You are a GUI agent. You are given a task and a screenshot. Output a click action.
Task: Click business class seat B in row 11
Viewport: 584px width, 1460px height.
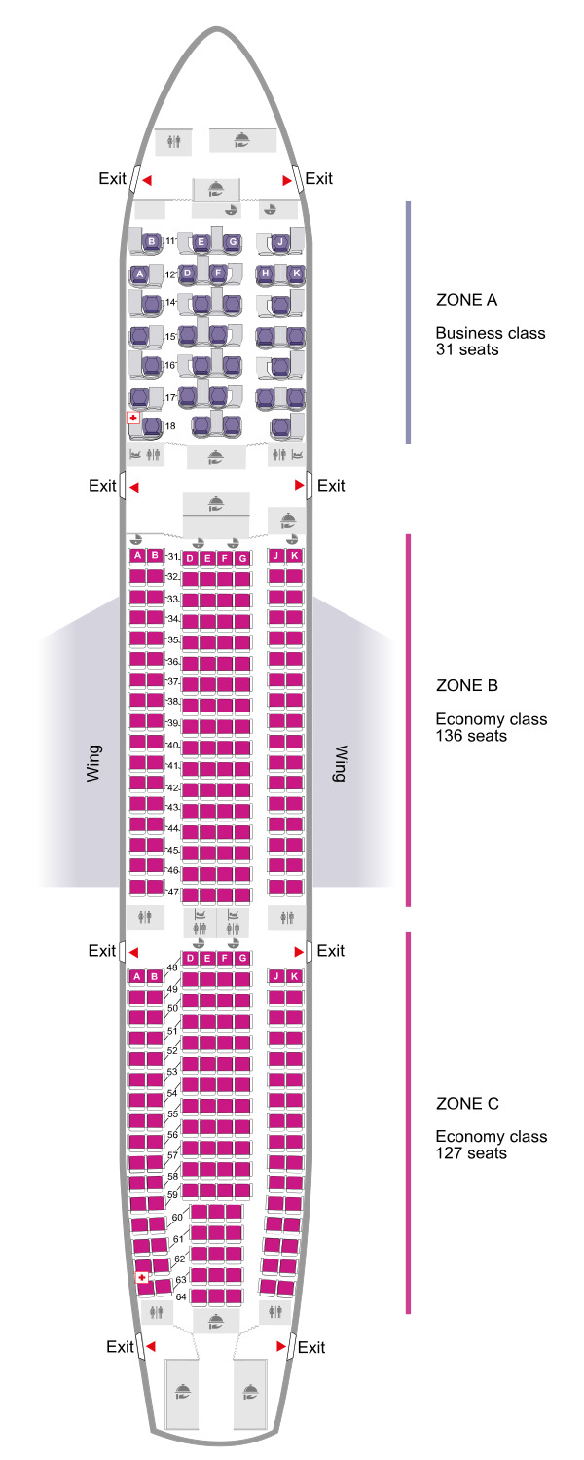[152, 241]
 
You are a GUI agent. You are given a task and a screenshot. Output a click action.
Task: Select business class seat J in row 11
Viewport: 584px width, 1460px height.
[279, 241]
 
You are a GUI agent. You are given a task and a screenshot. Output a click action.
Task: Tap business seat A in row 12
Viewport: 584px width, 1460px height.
[140, 274]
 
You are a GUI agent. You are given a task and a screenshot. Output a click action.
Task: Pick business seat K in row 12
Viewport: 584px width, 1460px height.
[296, 274]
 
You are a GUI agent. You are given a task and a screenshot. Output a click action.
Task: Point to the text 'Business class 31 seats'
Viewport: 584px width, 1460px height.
[490, 341]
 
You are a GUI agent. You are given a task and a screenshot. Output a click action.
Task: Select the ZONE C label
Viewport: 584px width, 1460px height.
[468, 1104]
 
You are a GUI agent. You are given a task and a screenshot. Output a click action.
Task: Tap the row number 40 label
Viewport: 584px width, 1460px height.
[173, 746]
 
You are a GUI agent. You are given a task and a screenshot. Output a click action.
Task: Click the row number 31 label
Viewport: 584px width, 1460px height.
[173, 557]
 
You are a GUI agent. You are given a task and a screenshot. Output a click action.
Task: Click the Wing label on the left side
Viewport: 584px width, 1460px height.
[93, 764]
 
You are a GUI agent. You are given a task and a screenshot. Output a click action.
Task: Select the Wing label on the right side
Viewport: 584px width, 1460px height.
[340, 764]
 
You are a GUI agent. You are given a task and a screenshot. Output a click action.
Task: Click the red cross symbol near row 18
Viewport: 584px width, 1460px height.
[132, 418]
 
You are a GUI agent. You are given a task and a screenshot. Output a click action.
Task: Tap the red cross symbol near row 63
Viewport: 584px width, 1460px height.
[142, 1277]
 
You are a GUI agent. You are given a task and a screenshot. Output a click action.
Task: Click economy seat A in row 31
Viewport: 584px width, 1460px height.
[138, 555]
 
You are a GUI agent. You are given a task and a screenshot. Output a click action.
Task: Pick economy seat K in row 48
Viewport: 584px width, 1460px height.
[295, 976]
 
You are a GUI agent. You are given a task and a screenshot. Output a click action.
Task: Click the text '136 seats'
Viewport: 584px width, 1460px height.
[471, 737]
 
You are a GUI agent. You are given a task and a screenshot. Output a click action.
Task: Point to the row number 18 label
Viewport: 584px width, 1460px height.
[170, 426]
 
